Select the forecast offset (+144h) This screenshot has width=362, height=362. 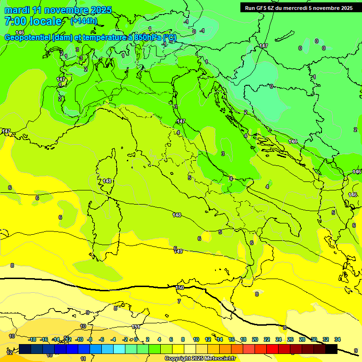[83, 21]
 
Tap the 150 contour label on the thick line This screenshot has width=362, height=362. [180, 288]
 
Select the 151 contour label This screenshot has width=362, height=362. [136, 327]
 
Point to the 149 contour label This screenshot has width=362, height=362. [178, 251]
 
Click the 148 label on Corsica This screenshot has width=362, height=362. [107, 181]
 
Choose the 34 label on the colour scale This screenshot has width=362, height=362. [337, 339]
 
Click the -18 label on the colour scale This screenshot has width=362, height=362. [32, 339]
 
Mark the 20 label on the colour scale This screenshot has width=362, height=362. [255, 339]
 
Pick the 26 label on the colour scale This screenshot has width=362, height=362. [290, 339]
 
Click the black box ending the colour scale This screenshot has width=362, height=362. [331, 349]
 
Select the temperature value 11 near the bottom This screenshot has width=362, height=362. [83, 359]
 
